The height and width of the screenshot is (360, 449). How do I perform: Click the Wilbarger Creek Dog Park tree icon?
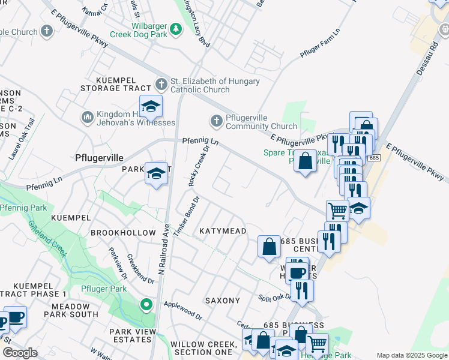click(x=176, y=28)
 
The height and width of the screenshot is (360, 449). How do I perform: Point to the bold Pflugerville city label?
click(x=99, y=158)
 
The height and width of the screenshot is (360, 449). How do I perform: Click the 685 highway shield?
click(x=374, y=158)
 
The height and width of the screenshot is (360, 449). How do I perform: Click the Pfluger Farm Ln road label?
click(x=320, y=43)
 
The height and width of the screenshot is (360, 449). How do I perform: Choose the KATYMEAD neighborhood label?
click(x=223, y=231)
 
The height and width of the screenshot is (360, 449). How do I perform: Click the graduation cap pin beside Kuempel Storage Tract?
click(x=151, y=107)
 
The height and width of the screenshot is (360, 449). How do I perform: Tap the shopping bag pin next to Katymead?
click(x=269, y=246)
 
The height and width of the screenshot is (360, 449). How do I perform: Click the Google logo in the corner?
click(x=20, y=353)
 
